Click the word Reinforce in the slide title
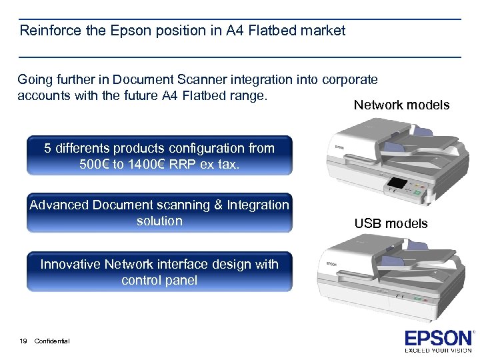coord(47,31)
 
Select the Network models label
coord(401,105)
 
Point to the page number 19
coord(23,341)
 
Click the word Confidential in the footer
coord(52,341)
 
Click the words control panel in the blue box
coord(159,281)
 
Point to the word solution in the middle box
coord(159,221)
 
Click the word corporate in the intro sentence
coord(349,80)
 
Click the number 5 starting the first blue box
coord(48,149)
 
